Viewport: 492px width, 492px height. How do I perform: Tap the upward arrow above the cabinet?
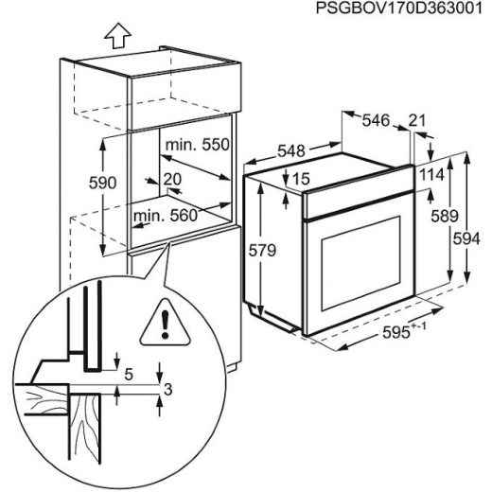[118, 36]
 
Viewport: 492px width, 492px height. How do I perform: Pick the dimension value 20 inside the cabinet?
[172, 179]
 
